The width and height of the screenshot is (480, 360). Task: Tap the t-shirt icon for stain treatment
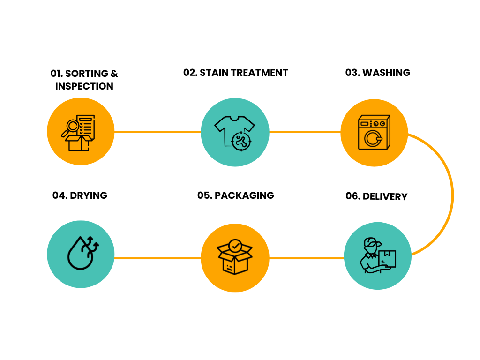pos(234,133)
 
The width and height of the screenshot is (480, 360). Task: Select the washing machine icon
pos(374,132)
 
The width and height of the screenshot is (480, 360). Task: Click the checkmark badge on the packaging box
pos(235,246)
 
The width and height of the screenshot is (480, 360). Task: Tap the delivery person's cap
pos(372,242)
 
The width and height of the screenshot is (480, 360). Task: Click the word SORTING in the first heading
pos(87,74)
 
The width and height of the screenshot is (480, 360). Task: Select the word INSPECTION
pos(84,86)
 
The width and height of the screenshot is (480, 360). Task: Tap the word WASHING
pos(386,73)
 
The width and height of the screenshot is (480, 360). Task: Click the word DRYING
pos(89,195)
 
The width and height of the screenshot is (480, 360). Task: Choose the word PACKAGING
pos(244,195)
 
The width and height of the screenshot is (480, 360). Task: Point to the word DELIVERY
pos(385,196)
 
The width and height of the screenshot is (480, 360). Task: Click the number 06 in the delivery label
pos(352,196)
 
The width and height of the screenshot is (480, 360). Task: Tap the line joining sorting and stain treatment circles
pos(157,132)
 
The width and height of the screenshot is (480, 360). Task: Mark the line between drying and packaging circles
pos(157,258)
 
